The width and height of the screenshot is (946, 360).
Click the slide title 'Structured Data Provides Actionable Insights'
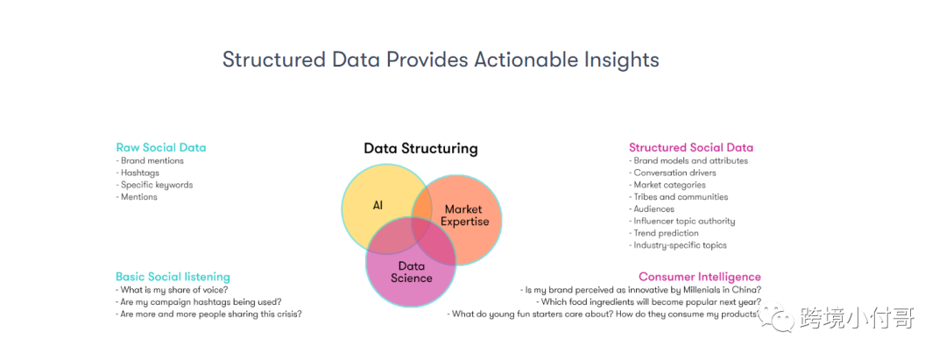pos(441,60)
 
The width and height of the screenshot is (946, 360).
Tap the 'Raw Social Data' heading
pos(161,147)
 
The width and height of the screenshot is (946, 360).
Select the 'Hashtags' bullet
pos(138,173)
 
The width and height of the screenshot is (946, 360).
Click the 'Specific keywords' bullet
pos(154,185)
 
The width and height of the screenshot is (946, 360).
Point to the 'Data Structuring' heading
pos(420,148)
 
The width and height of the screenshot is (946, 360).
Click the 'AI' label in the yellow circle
pos(378,205)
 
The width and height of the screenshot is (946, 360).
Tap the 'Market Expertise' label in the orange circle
pos(464,215)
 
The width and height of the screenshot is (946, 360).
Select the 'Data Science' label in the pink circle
pos(412,272)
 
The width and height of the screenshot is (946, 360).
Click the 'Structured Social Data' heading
pos(691,147)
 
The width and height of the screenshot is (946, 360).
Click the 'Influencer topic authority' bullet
pos(681,222)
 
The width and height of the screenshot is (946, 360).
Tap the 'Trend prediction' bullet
pos(664,233)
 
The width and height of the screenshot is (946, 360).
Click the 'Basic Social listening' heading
pos(173,277)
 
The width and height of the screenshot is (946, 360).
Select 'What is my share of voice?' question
pos(172,290)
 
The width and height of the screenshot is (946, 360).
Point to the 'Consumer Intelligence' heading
pos(700,277)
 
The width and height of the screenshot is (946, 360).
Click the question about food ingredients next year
pos(648,302)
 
